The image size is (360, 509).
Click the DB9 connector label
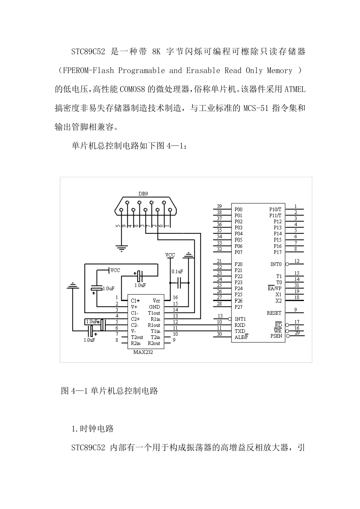click(143, 194)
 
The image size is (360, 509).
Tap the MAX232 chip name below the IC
click(143, 352)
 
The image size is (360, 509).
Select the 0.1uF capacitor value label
click(177, 272)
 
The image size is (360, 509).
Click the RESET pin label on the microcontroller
click(274, 313)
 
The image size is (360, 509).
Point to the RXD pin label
click(240, 325)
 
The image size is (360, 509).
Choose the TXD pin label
click(240, 331)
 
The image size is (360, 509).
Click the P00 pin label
click(238, 209)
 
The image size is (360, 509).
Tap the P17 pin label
click(278, 252)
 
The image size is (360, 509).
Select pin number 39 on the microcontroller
click(219, 206)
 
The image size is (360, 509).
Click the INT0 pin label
click(276, 264)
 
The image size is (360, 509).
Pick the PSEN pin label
click(276, 336)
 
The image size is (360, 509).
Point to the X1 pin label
click(279, 295)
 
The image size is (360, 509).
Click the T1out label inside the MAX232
click(154, 313)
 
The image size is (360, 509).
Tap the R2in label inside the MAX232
click(136, 343)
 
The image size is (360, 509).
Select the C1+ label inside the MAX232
click(135, 301)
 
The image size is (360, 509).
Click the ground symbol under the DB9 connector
click(121, 249)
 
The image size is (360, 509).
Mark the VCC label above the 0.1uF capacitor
click(170, 255)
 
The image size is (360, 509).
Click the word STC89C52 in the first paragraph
click(88, 52)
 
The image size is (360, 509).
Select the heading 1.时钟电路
click(92, 429)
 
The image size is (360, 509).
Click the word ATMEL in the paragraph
click(295, 90)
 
